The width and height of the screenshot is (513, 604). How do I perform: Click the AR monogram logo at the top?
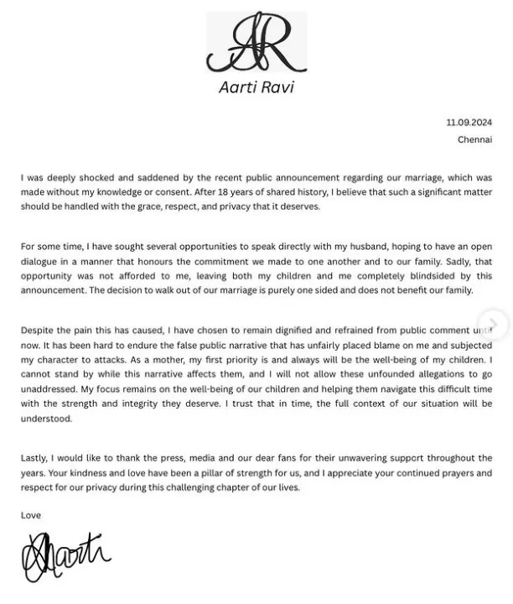[256, 44]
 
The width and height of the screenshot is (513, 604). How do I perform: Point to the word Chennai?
[474, 139]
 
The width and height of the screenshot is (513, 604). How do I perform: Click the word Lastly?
[37, 458]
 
